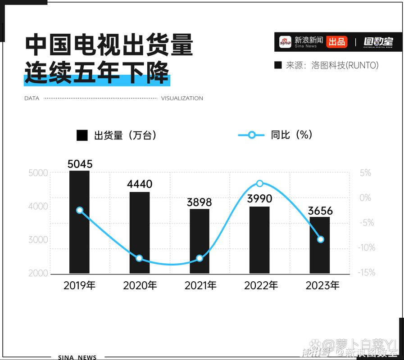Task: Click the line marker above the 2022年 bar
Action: coord(260,184)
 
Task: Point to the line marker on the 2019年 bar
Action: coord(80,210)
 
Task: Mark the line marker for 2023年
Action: coord(321,239)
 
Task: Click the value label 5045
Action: coord(80,164)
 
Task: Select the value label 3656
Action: coord(320,210)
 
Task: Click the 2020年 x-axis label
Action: coord(140,285)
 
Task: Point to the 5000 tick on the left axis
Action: coord(38,173)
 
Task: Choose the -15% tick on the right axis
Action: coord(367,273)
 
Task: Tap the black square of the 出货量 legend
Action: coord(82,135)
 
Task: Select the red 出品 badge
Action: coord(336,42)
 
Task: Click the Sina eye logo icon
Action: coord(285,42)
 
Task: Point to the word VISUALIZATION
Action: coord(182,98)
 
